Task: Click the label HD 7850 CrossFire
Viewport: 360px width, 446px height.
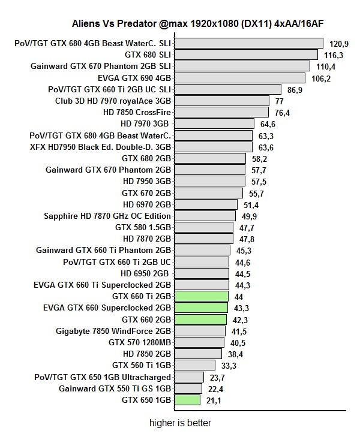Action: [x=137, y=112]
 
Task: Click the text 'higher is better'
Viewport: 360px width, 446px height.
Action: [x=181, y=423]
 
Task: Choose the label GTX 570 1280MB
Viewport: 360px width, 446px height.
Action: [x=140, y=342]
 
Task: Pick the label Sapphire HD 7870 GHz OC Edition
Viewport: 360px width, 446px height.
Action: [x=107, y=216]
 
